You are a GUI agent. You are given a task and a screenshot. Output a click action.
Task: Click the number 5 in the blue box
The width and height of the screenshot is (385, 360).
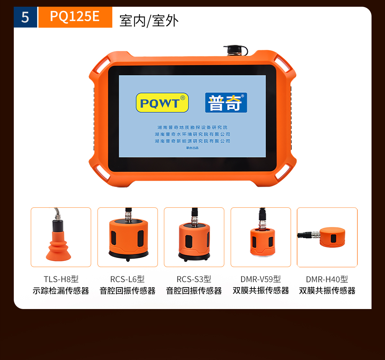25,17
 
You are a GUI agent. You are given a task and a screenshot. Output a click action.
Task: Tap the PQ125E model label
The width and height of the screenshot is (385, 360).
75,16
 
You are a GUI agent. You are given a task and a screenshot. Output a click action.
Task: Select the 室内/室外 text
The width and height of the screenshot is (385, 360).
149,21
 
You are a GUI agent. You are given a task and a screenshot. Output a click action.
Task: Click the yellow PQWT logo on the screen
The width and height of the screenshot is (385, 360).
162,103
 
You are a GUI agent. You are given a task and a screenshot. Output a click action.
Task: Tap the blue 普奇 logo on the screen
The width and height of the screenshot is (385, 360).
226,103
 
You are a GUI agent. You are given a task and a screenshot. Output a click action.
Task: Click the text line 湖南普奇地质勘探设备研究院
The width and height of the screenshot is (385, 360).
192,127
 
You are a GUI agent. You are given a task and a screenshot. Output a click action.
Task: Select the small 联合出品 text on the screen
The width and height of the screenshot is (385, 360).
192,148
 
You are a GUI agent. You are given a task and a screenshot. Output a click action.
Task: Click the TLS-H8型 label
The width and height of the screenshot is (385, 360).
61,279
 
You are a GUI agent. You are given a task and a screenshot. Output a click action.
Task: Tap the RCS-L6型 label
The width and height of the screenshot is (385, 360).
128,279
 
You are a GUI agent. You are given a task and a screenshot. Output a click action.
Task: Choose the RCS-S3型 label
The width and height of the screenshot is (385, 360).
194,279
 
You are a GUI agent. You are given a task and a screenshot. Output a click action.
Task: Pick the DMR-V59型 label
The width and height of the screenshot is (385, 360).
261,279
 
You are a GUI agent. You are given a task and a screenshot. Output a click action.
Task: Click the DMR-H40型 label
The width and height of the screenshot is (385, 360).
327,279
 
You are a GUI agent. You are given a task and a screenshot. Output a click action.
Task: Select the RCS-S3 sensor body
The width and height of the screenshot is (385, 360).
194,240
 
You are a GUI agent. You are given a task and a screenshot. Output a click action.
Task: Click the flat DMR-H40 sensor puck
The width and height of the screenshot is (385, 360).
332,238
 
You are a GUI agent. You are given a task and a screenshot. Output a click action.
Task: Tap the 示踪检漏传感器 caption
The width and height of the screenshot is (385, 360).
61,291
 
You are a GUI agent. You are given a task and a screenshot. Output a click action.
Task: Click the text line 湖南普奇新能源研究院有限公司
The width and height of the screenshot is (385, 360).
192,141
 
